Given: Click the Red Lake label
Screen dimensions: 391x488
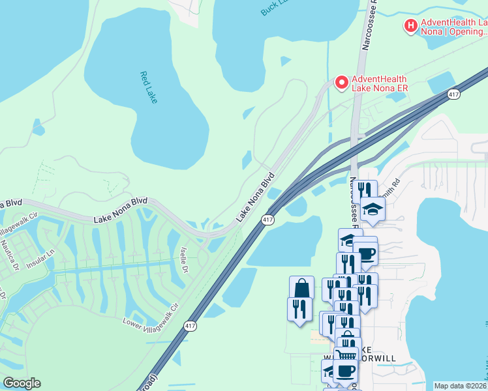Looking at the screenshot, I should pyautogui.click(x=149, y=87).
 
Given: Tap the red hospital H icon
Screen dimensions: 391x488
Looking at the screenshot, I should pyautogui.click(x=410, y=26).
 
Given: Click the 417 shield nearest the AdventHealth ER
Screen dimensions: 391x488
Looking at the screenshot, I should pyautogui.click(x=453, y=94).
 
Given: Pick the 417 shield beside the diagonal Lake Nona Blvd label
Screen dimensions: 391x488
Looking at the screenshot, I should pyautogui.click(x=268, y=220).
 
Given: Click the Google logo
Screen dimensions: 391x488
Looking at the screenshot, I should pyautogui.click(x=22, y=383).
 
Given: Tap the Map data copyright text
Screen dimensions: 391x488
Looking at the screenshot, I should pyautogui.click(x=461, y=386).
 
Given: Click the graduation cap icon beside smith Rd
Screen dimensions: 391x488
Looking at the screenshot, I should pyautogui.click(x=373, y=209).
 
